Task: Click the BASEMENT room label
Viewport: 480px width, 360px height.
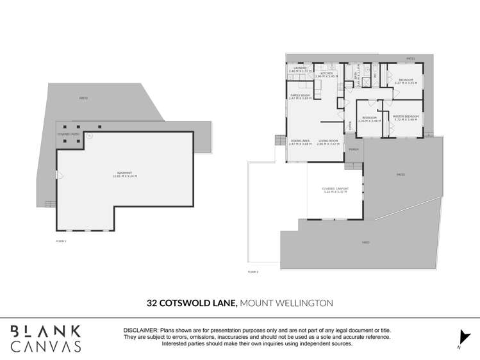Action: (126, 173)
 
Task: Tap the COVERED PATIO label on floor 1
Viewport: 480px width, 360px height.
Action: (68, 135)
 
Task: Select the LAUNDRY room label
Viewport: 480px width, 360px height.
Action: (299, 68)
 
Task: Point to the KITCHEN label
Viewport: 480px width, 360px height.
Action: (326, 74)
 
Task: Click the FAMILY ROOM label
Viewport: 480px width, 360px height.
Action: (300, 96)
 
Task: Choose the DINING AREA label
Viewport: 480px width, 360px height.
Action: (300, 141)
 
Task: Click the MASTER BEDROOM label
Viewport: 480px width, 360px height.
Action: (405, 117)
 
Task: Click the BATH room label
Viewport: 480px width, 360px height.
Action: (356, 76)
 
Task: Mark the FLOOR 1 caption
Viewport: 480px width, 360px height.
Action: (61, 241)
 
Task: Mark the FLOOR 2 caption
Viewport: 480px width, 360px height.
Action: (252, 272)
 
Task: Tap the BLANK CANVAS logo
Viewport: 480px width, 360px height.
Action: (46, 338)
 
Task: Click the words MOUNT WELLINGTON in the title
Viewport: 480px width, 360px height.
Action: (286, 302)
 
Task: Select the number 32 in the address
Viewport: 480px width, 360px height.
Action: (152, 302)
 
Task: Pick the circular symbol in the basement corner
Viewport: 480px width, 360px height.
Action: (90, 136)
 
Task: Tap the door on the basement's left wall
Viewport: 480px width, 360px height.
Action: (59, 175)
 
